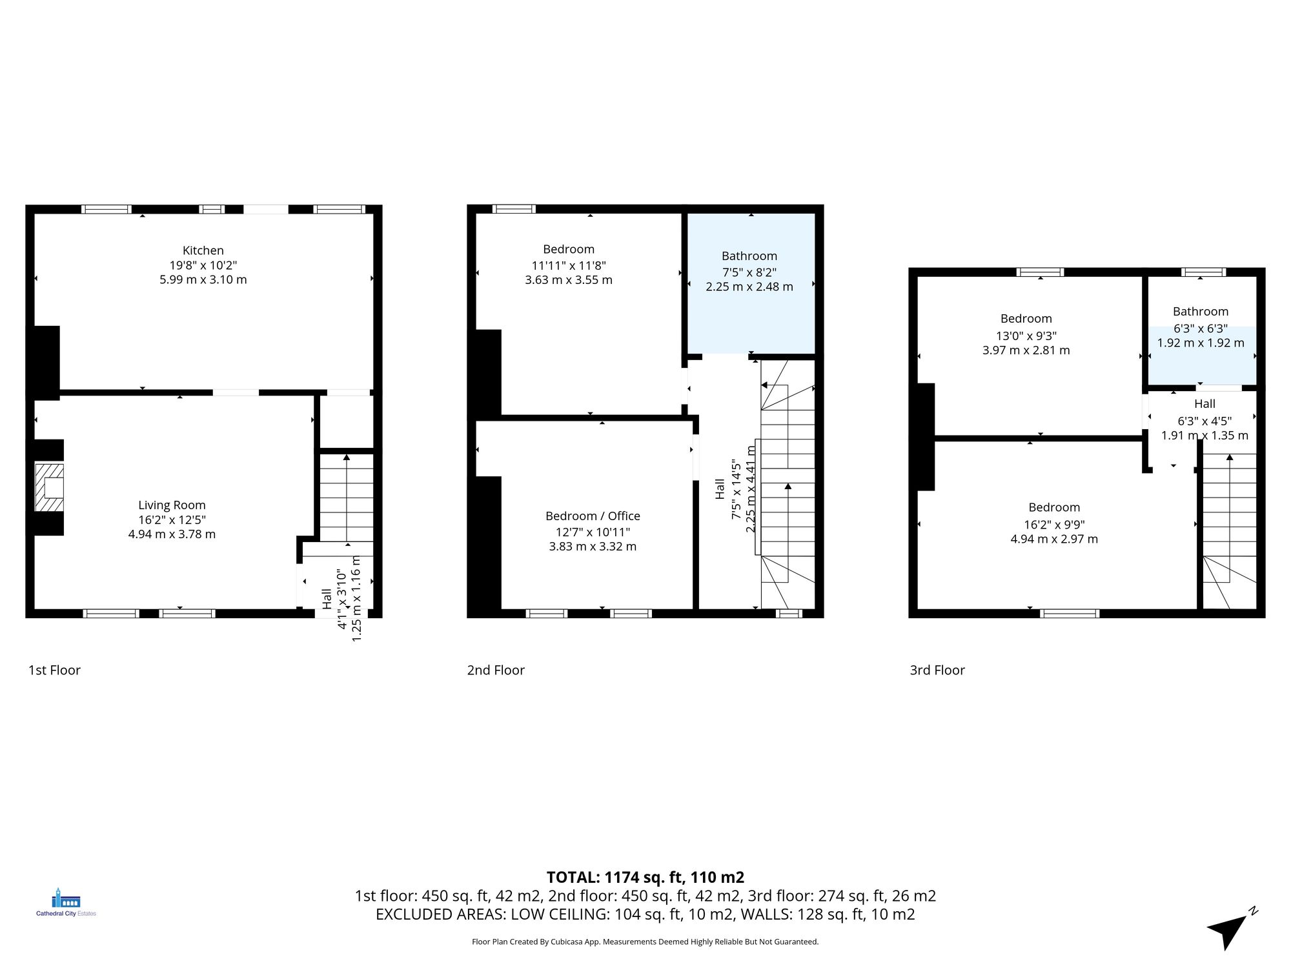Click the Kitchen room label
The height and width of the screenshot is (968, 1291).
[x=203, y=250]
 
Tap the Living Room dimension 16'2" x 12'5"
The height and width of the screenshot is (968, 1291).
[x=172, y=519]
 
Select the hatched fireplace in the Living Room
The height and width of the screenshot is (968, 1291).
[x=49, y=487]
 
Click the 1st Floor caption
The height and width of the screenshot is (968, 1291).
[x=54, y=670]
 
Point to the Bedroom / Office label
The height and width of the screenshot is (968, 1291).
[x=593, y=516]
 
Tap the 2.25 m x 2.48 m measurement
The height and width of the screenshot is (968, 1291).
[x=749, y=287]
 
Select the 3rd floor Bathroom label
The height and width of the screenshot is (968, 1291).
[x=1200, y=311]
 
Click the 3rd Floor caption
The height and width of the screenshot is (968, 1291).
[x=937, y=670]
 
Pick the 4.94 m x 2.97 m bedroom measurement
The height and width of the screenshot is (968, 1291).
[x=1053, y=539]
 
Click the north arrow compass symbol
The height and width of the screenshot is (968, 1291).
[x=1232, y=930]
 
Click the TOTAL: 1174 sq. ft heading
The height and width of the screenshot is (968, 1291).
[x=645, y=877]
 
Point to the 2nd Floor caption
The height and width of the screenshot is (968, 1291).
[x=495, y=670]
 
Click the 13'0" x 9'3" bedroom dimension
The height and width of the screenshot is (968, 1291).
[x=1026, y=336]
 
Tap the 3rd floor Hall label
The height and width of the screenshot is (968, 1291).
[x=1205, y=404]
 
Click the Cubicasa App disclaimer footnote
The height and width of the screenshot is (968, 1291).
[x=645, y=942]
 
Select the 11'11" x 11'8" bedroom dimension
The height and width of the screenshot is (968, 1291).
[x=568, y=265]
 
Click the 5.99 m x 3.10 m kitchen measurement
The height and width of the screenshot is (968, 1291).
[x=203, y=279]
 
